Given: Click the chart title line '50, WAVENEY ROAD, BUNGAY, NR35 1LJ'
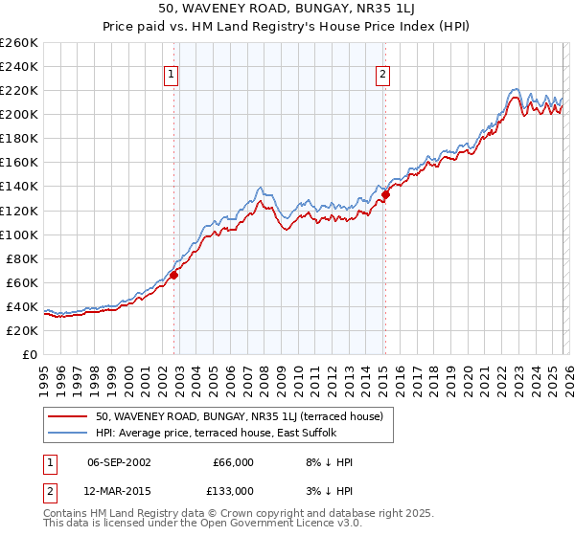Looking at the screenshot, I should [287, 9].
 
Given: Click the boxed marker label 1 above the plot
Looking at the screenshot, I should [171, 75].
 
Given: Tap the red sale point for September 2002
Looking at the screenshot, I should [173, 275].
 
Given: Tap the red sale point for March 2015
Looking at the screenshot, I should [385, 194].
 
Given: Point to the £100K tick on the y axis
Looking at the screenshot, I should [19, 234].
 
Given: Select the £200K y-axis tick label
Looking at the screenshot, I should [19, 114].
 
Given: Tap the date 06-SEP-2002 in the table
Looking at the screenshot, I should [119, 462].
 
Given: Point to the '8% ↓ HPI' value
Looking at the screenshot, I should [328, 462].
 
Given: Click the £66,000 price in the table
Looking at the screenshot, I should [233, 462].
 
